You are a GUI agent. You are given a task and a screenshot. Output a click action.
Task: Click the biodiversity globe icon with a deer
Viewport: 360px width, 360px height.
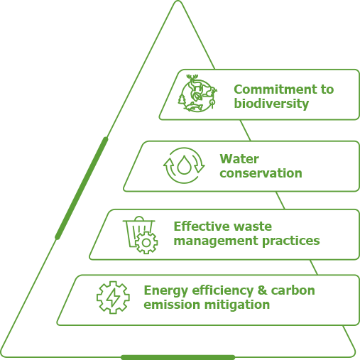pos(197,93)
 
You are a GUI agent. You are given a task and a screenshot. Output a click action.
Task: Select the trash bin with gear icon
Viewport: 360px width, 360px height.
pos(140,235)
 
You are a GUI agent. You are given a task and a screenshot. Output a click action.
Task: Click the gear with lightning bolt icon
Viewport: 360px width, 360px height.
pos(113,298)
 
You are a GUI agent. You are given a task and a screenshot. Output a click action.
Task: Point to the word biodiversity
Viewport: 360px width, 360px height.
pos(271,104)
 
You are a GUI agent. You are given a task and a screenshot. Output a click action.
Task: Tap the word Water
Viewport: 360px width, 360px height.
pos(239,159)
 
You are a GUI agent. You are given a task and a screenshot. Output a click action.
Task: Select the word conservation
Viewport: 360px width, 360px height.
pos(261,173)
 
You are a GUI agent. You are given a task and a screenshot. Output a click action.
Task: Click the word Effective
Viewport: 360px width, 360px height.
pos(201,227)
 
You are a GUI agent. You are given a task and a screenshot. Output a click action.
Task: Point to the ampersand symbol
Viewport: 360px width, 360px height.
pos(262,290)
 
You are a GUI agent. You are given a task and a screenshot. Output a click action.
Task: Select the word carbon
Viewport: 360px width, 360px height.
pos(293,290)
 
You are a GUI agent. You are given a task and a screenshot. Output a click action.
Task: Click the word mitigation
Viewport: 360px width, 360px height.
pos(237,305)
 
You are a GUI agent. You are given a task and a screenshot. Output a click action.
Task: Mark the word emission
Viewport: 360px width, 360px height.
pos(172,305)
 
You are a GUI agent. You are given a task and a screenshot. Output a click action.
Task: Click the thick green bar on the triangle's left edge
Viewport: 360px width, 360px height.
pos(82,188)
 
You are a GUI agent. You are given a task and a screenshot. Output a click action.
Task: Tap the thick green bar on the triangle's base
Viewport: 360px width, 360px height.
pos(178,357)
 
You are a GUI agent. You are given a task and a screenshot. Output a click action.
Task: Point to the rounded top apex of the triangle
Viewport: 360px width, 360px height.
pos(178,1)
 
